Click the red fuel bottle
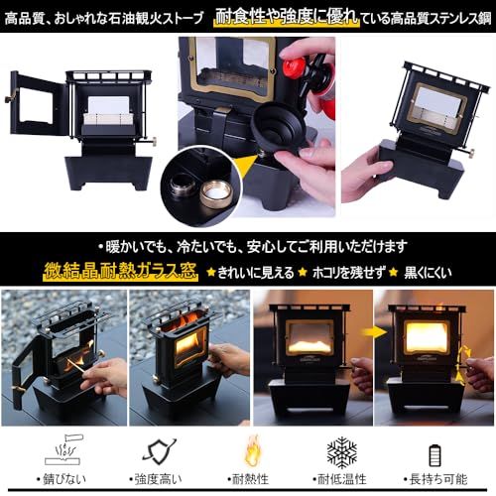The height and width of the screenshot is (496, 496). (x=299, y=70)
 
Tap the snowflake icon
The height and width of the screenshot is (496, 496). (x=342, y=451)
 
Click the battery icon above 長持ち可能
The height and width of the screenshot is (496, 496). (x=434, y=453)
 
